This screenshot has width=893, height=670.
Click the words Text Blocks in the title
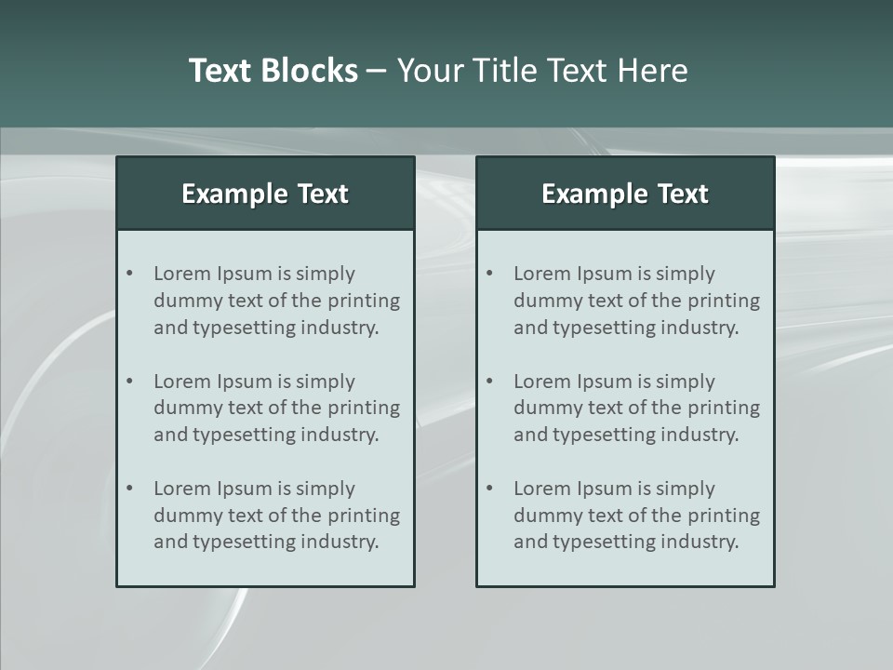(x=273, y=71)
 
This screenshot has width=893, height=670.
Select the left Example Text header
(x=265, y=194)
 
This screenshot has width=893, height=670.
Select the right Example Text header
(x=625, y=194)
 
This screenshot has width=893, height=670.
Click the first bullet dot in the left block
(x=129, y=274)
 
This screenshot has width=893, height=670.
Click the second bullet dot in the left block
(x=129, y=382)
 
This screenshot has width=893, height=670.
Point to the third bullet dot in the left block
(x=129, y=489)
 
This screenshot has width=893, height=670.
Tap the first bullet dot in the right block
(x=489, y=274)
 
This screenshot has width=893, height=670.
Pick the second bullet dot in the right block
(x=489, y=382)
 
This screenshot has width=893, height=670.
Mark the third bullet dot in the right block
(x=489, y=489)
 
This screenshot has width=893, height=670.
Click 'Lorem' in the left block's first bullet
(x=182, y=274)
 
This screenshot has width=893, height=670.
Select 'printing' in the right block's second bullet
(x=725, y=408)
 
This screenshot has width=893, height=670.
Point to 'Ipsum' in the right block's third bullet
(x=603, y=489)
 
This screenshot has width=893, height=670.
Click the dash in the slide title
(x=377, y=72)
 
